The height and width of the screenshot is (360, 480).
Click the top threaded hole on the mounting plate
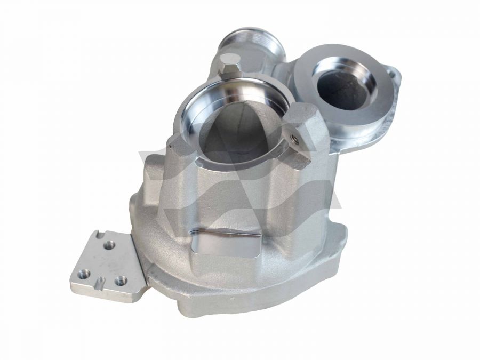click(110, 244)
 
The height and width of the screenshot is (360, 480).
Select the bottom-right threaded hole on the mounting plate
click(121, 279)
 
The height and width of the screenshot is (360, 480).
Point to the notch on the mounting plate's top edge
click(97, 234)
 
